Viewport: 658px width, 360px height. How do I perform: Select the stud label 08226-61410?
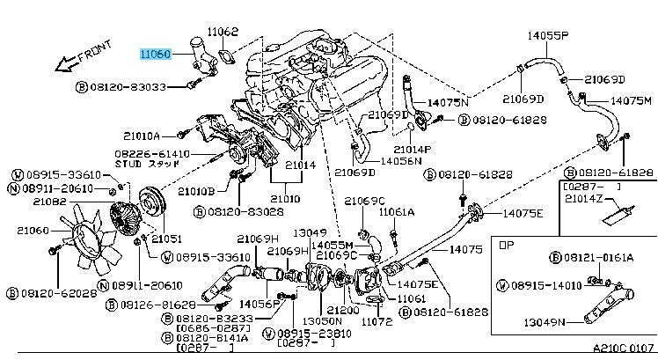[151, 152]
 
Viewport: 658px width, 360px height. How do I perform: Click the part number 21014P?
[412, 150]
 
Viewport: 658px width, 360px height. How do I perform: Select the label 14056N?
[401, 162]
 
